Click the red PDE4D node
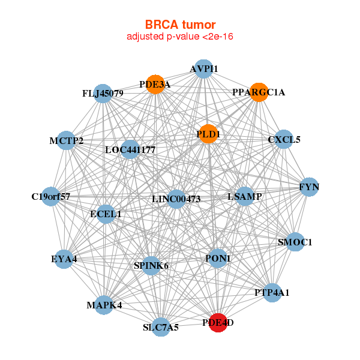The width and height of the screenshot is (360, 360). coord(218,322)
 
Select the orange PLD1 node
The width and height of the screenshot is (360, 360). coord(205,134)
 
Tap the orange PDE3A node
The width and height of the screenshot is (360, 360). coord(156,85)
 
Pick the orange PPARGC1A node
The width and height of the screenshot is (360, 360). coord(258,92)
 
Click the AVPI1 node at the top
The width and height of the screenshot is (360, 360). coord(204,69)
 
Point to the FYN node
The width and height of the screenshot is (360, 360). coord(309,187)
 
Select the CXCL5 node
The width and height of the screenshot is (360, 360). coord(283,140)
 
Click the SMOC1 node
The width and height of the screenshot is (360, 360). coord(295,242)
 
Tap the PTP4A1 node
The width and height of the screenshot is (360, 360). coord(272,292)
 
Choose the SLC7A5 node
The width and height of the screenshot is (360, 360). coord(161,326)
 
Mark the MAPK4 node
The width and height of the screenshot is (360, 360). coord(104,304)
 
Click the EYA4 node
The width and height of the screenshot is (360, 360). coord(64,259)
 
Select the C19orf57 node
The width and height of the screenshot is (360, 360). coord(51,196)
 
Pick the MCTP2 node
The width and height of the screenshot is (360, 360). coord(67,140)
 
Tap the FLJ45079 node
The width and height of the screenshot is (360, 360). coord(103,93)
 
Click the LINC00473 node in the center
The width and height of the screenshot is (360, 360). coord(176,199)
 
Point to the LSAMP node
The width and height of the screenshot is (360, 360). coord(245,196)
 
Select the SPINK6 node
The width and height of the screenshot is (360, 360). coord(151,265)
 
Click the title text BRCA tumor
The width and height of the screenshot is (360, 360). coord(180,25)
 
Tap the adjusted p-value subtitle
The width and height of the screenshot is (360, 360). coord(180,37)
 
